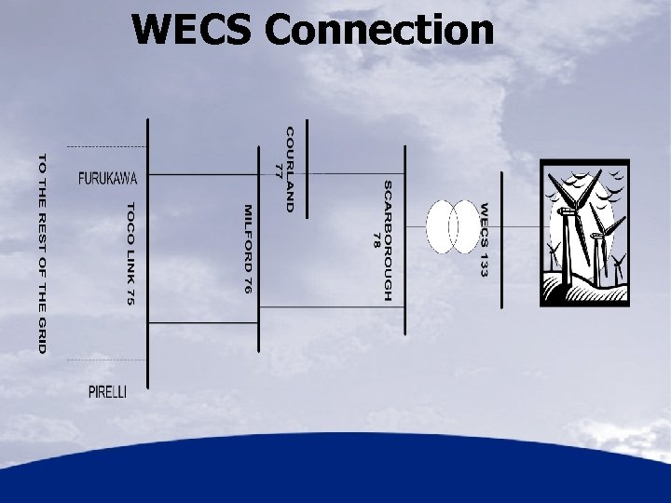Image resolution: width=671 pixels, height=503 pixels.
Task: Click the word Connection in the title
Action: pyautogui.click(x=378, y=29)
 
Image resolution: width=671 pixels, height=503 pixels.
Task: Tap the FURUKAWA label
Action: pyautogui.click(x=108, y=177)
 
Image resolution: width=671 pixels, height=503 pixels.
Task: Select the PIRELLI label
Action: pyautogui.click(x=107, y=392)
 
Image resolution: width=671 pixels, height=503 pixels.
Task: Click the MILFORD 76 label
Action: pyautogui.click(x=247, y=250)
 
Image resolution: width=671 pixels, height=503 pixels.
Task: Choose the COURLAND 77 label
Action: pyautogui.click(x=283, y=168)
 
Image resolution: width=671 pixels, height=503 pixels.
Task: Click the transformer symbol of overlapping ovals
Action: pyautogui.click(x=452, y=226)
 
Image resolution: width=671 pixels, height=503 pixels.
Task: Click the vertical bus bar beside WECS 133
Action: pyautogui.click(x=501, y=238)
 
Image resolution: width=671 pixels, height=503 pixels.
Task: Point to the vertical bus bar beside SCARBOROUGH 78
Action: pyautogui.click(x=404, y=240)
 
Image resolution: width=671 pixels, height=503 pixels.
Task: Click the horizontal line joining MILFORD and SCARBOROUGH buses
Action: pyautogui.click(x=331, y=224)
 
